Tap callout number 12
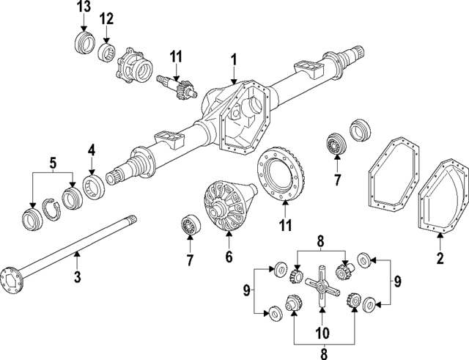(x=107, y=18)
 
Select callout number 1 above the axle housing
(x=233, y=59)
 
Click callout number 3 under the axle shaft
(x=78, y=276)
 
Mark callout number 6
(x=228, y=257)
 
